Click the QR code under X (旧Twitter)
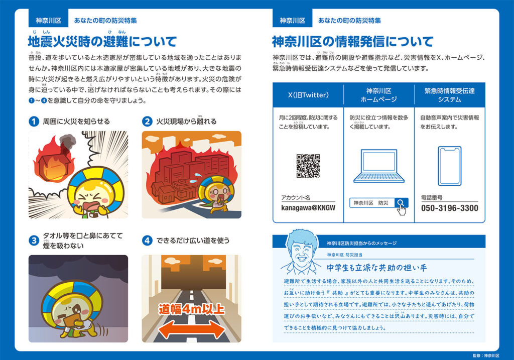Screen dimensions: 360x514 (x=308, y=166)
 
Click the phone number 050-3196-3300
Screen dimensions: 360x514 (x=449, y=208)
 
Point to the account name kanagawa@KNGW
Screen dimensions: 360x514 (x=308, y=207)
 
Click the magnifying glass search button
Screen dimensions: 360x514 (x=401, y=203)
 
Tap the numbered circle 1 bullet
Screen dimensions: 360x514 (x=34, y=122)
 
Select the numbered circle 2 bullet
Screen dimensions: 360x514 (x=148, y=122)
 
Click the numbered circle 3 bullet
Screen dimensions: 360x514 (x=34, y=241)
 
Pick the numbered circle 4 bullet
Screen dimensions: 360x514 (x=148, y=241)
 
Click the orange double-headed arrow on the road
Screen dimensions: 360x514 (x=192, y=330)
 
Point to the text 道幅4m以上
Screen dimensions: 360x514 (x=192, y=308)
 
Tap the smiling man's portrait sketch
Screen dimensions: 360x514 (x=300, y=252)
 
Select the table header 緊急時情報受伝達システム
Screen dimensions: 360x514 (x=449, y=95)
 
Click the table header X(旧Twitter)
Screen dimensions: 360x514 (x=308, y=95)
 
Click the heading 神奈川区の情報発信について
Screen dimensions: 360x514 (x=352, y=41)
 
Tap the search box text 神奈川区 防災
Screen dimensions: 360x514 (x=371, y=203)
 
